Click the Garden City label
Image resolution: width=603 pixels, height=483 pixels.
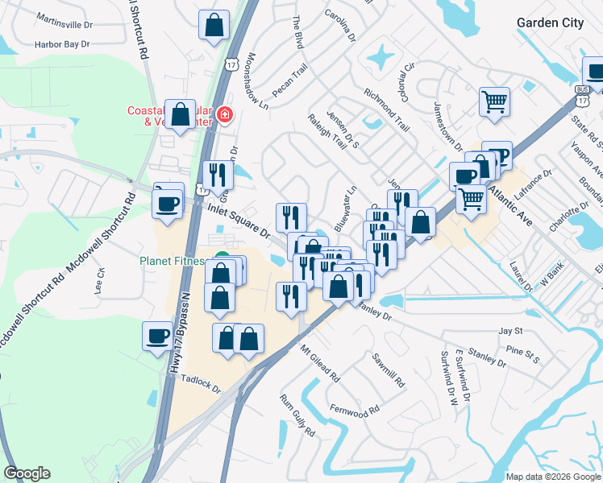(x=550, y=23)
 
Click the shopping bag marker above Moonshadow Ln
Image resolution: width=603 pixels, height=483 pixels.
(x=214, y=25)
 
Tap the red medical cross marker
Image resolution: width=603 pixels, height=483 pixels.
(x=223, y=116)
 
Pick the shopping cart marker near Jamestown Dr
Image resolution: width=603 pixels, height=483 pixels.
(x=494, y=101)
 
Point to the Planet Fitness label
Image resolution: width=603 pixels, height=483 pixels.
(x=174, y=261)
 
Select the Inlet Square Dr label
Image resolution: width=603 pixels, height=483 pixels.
(x=239, y=220)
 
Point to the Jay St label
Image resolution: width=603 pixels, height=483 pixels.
(x=510, y=331)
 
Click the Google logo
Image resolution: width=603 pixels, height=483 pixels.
(x=27, y=473)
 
